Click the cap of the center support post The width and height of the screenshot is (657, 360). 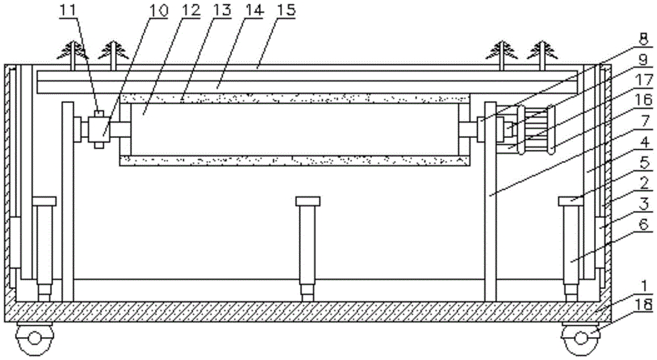pyautogui.click(x=306, y=201)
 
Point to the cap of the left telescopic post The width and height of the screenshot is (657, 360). pyautogui.click(x=43, y=201)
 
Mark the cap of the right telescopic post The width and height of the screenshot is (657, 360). pyautogui.click(x=571, y=201)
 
